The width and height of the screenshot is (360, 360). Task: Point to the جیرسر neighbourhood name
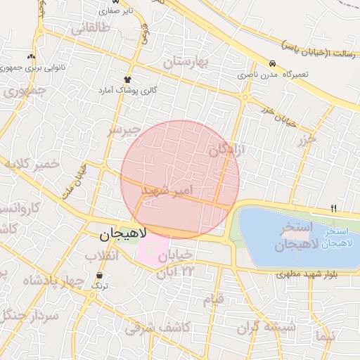121,130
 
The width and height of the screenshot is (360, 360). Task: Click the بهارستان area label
186,63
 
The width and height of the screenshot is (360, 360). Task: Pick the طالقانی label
90,29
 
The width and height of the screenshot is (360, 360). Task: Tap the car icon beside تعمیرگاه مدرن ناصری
272,62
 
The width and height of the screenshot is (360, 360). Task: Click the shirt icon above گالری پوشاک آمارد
127,79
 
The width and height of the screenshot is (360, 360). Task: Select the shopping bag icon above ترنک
98,276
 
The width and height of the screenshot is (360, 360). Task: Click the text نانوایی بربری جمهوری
32,68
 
